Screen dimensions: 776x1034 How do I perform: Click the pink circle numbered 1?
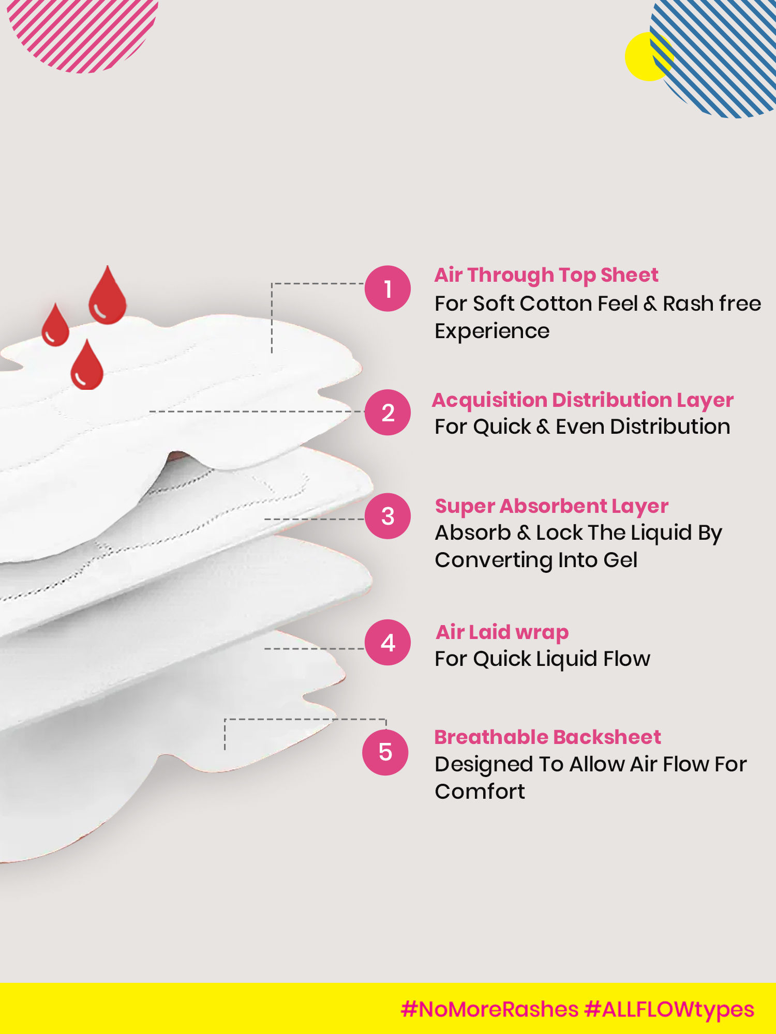388,288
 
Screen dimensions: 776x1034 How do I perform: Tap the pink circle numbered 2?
388,413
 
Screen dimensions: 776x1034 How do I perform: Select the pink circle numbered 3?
388,516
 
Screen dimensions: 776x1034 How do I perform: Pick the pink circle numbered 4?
388,643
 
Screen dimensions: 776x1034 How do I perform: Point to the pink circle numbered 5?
385,752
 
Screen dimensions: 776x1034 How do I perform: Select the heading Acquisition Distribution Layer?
583,401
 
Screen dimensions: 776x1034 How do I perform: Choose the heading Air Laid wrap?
502,633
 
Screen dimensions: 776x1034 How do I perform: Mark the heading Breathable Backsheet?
548,737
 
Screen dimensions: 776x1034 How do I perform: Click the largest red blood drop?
107,295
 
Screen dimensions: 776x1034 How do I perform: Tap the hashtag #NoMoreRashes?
489,1009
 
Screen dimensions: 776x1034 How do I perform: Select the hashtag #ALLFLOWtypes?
669,1010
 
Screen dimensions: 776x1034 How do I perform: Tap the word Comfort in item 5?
480,792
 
